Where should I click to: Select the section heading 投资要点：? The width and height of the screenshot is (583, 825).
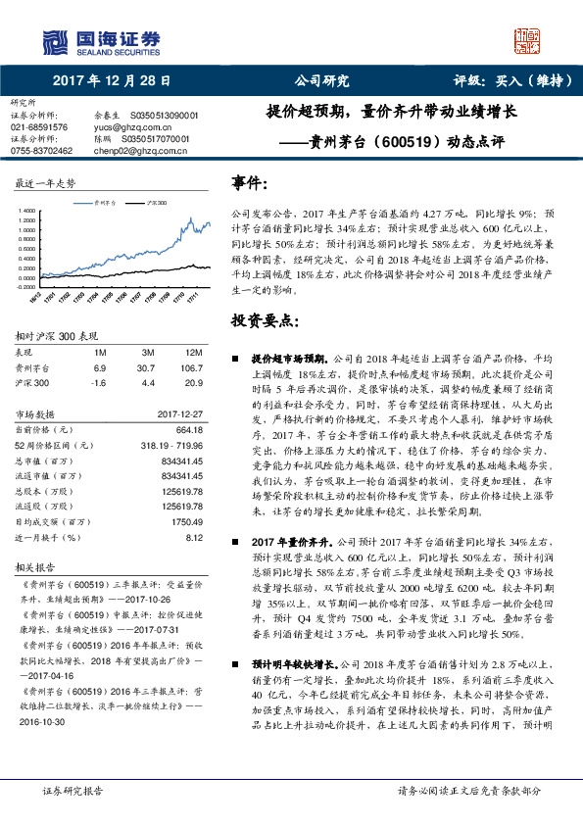coord(262,320)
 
